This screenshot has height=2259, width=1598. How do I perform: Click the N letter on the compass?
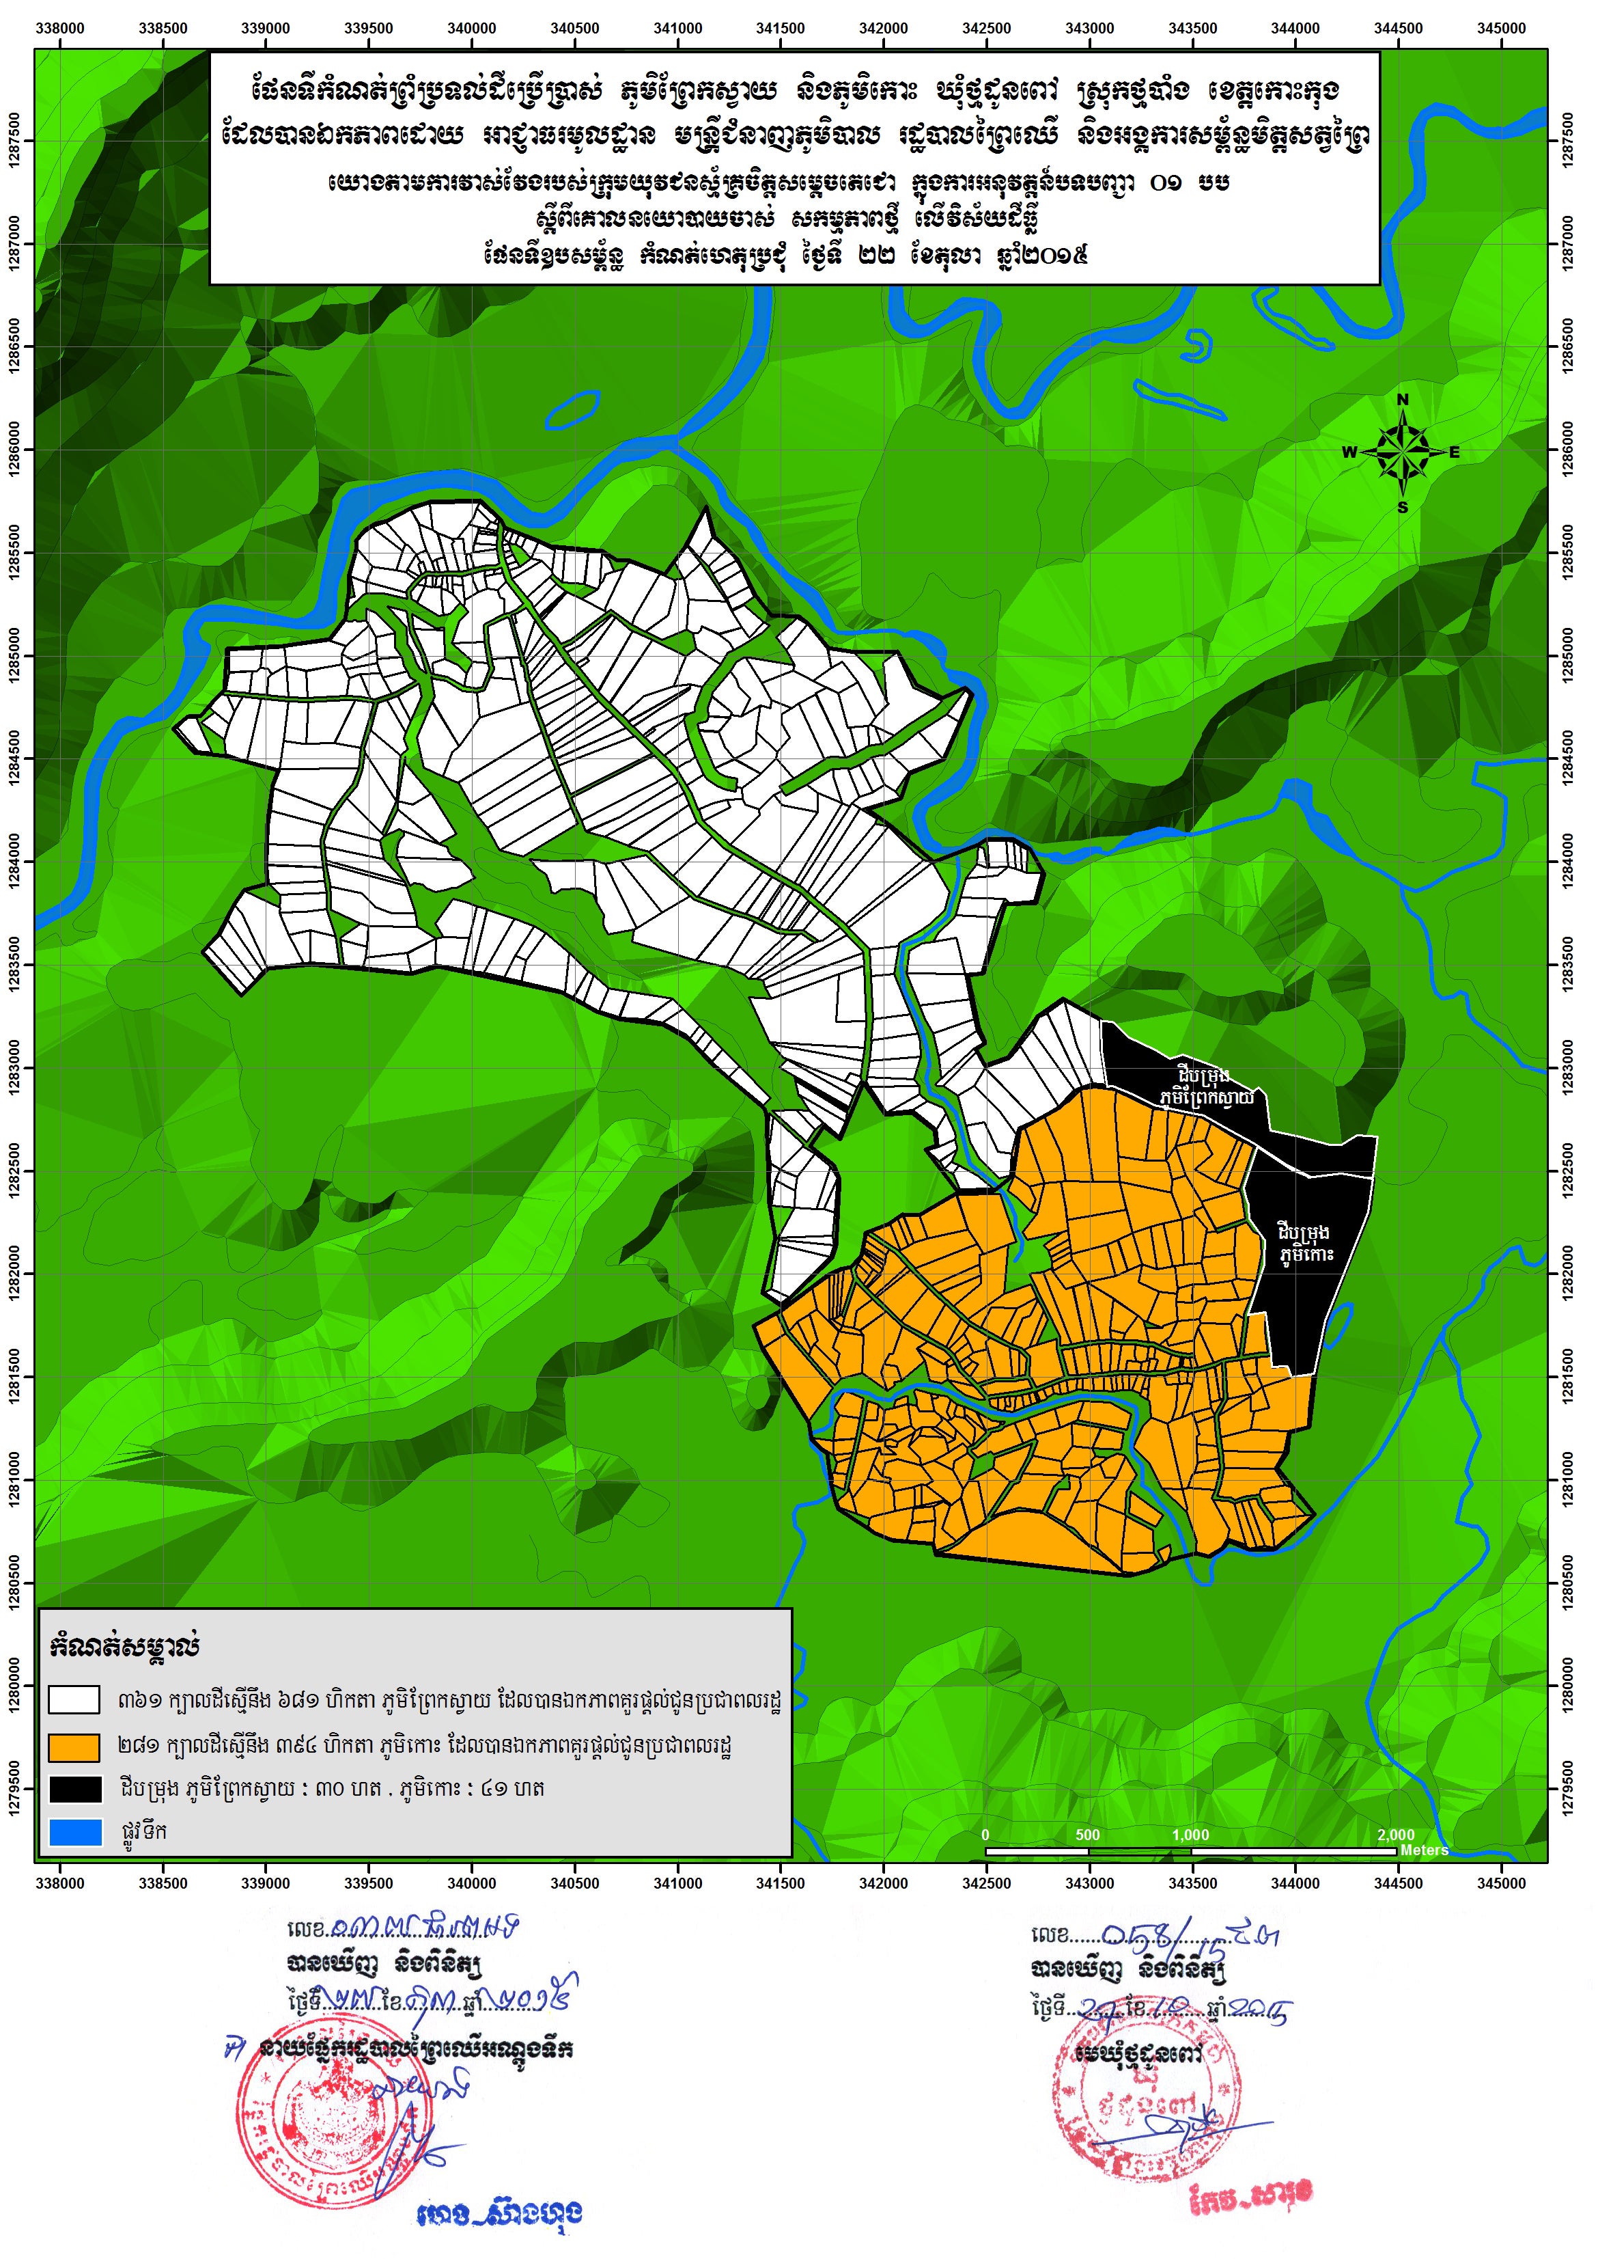click(x=1403, y=400)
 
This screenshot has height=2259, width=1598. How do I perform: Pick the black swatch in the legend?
click(x=74, y=1790)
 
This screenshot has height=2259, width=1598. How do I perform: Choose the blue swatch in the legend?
click(x=74, y=1832)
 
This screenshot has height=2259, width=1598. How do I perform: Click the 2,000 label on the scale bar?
click(x=1395, y=1835)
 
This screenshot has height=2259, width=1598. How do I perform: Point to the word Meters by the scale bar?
click(x=1424, y=1850)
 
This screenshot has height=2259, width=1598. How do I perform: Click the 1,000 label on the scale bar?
click(x=1190, y=1835)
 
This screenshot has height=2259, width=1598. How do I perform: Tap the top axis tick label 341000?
click(x=677, y=29)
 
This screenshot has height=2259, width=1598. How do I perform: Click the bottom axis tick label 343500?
click(x=1192, y=1884)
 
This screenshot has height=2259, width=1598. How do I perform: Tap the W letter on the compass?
click(x=1350, y=453)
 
